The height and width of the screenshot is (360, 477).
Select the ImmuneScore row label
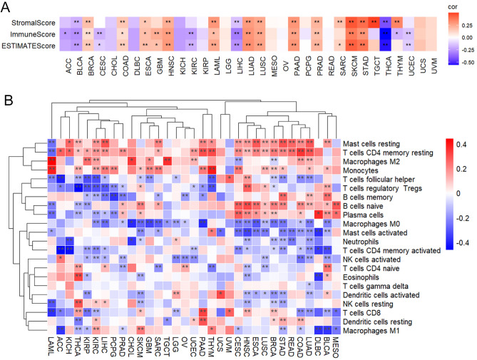pyautogui.click(x=29, y=34)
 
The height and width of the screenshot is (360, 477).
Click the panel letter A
pyautogui.click(x=6, y=7)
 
